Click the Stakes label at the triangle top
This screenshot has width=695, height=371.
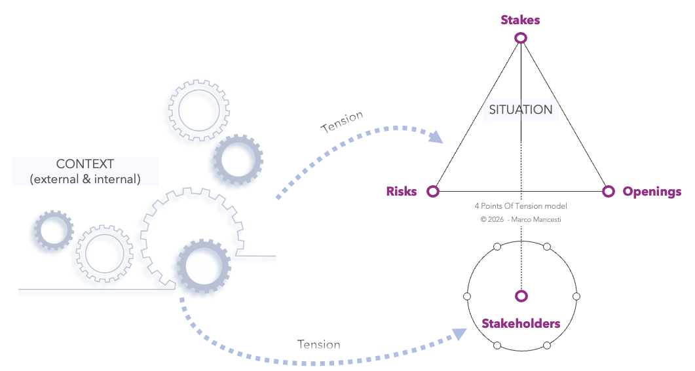click(x=520, y=20)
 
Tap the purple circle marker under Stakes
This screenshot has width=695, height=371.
click(x=521, y=38)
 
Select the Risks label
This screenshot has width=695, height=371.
click(x=402, y=191)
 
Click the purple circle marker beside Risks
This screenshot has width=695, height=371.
click(x=433, y=191)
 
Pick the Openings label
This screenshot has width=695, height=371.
click(x=652, y=192)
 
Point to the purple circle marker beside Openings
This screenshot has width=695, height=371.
click(x=609, y=191)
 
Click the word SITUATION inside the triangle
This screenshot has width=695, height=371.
click(x=521, y=109)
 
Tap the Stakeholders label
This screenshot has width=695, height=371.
click(x=521, y=324)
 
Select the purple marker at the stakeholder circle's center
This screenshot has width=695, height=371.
click(x=521, y=296)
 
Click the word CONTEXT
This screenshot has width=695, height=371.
click(x=85, y=164)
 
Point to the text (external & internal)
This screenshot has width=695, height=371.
click(x=85, y=179)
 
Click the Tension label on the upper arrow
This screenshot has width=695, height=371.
click(x=342, y=122)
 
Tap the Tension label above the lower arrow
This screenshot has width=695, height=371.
click(x=319, y=344)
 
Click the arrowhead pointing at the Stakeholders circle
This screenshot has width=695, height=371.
click(x=459, y=334)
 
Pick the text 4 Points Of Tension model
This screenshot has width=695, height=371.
click(x=521, y=206)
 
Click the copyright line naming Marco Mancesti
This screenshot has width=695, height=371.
click(x=521, y=220)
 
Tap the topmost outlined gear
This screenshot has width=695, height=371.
click(x=199, y=111)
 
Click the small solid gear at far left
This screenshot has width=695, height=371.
click(x=54, y=230)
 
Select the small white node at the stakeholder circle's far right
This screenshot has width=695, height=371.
click(x=576, y=296)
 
